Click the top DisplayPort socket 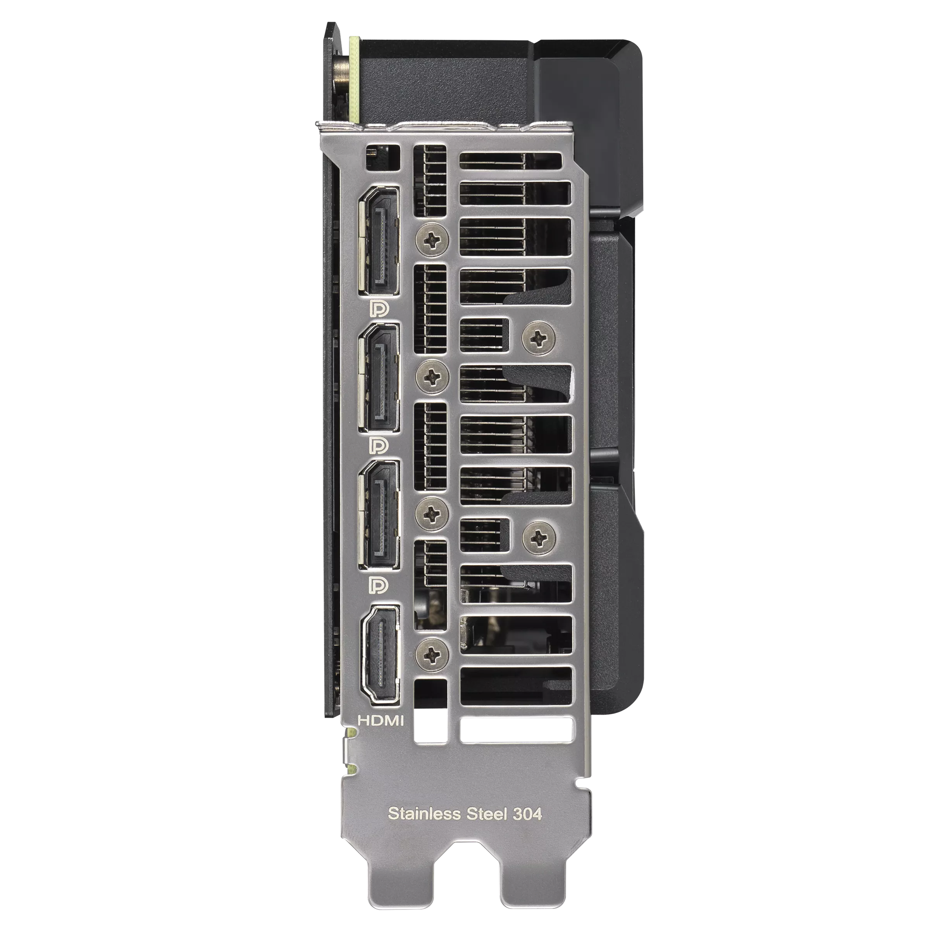[x=378, y=240]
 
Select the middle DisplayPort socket [x=378, y=377]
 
